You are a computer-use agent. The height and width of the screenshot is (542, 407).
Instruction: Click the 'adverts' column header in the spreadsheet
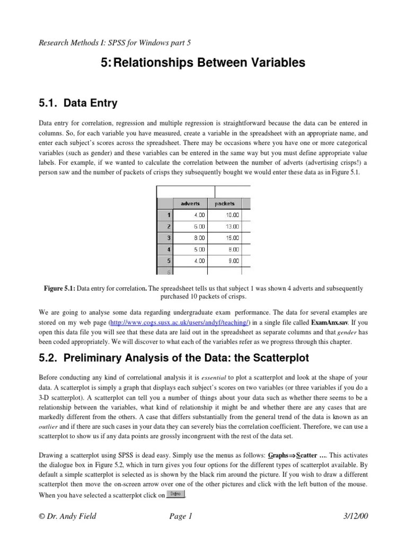click(x=190, y=203)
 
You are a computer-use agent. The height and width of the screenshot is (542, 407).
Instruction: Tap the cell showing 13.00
click(x=227, y=226)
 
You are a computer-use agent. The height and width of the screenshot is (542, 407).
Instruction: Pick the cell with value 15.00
click(x=227, y=238)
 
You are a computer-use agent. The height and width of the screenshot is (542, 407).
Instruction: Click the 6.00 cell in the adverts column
click(x=190, y=226)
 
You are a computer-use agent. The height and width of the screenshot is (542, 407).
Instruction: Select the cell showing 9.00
click(x=227, y=260)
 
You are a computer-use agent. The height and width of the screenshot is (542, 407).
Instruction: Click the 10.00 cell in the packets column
click(x=227, y=215)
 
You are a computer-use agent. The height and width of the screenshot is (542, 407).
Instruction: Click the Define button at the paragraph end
click(x=176, y=494)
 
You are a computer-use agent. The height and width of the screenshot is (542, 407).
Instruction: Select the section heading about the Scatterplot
click(x=174, y=358)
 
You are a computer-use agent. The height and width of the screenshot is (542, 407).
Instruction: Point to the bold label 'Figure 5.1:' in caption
click(x=59, y=288)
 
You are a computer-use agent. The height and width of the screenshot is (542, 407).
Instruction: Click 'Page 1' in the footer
click(x=182, y=517)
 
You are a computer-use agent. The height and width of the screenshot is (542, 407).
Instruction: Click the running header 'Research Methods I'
click(x=74, y=42)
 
